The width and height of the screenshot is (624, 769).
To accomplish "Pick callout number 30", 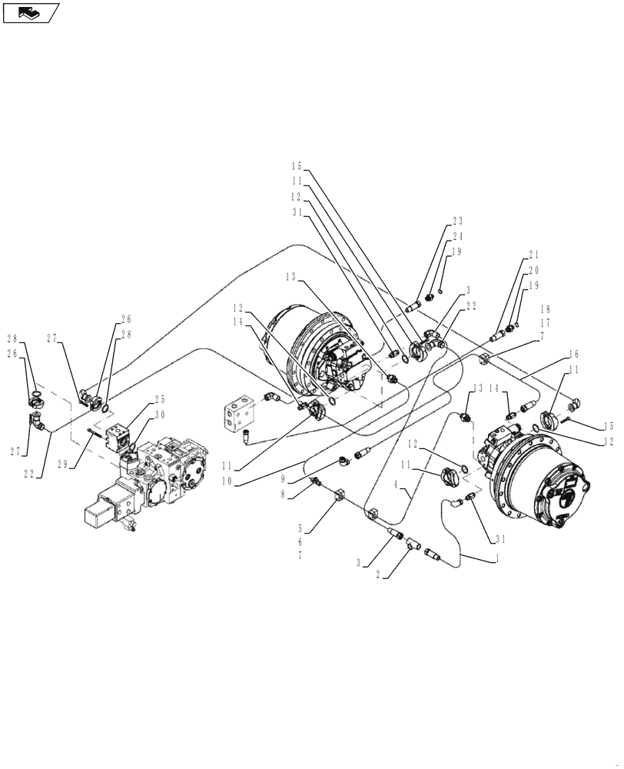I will point(160,414).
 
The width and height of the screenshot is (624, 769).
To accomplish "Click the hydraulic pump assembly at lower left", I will point(146,481).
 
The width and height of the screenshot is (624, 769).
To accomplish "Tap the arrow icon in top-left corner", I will point(31,12).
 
